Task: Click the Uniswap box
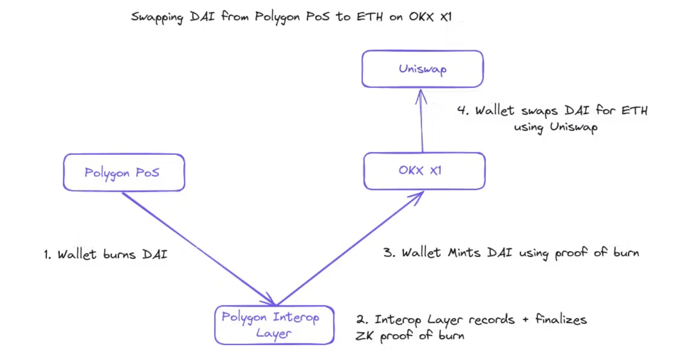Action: click(x=422, y=69)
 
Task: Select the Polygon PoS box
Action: click(x=124, y=173)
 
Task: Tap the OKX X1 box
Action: click(x=424, y=171)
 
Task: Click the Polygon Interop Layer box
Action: click(x=274, y=325)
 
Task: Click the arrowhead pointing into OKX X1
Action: click(x=419, y=196)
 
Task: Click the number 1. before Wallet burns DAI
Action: click(x=47, y=255)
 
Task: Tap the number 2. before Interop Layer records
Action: click(x=362, y=319)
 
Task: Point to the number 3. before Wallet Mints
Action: click(x=389, y=253)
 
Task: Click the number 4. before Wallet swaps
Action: click(x=462, y=110)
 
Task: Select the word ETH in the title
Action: click(x=369, y=17)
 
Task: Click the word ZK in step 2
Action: click(x=364, y=336)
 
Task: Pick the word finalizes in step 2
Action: click(x=561, y=319)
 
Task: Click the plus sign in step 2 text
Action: click(x=525, y=319)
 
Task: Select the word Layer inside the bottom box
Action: click(x=273, y=334)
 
